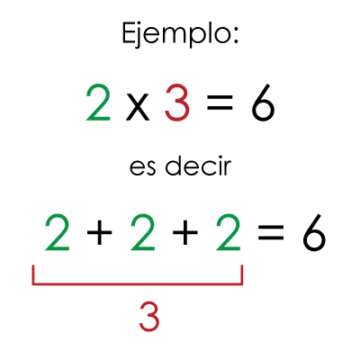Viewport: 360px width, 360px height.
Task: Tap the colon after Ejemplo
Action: coord(235,36)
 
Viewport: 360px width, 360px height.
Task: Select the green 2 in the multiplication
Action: coord(98,103)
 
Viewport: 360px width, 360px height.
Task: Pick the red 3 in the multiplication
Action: coord(177,103)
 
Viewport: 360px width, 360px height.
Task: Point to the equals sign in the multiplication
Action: coord(220,103)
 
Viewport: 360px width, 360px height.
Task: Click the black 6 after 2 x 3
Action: coord(263,103)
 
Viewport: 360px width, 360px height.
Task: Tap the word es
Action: coord(142,167)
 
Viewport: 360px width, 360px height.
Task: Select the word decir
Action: coord(198,165)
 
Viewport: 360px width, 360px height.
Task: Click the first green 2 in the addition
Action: coord(58,232)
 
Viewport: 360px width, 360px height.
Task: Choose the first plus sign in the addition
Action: coord(99,232)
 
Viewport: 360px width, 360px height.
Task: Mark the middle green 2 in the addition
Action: coord(143,232)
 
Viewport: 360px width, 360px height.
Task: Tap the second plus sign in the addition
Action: coord(185,232)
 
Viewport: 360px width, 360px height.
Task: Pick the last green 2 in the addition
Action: coord(229,232)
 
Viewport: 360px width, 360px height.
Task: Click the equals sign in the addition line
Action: coord(271,232)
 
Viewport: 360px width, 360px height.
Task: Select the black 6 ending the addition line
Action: coord(314,232)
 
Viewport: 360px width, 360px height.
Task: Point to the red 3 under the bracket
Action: coord(149,317)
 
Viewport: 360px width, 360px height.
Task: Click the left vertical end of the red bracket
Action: coord(33,274)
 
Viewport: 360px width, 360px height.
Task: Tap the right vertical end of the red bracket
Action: coord(241,274)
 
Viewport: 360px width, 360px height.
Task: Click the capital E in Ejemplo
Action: coord(128,33)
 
